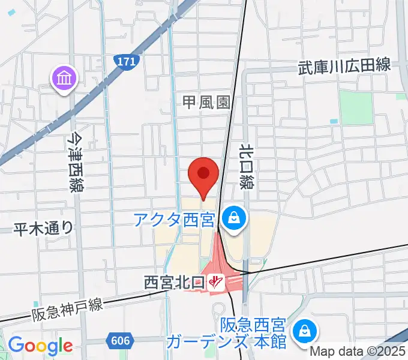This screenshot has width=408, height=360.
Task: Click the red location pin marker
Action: (203, 175)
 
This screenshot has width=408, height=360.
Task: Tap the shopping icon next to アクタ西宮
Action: (233, 218)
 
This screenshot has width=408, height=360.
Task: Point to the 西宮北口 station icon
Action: (216, 281)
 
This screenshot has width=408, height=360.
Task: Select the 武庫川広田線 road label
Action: (344, 67)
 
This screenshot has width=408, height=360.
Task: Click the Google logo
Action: (40, 346)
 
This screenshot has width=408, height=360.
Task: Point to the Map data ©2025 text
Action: (358, 352)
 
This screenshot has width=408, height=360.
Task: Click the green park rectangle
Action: (356, 106)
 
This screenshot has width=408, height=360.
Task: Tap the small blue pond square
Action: (333, 122)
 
